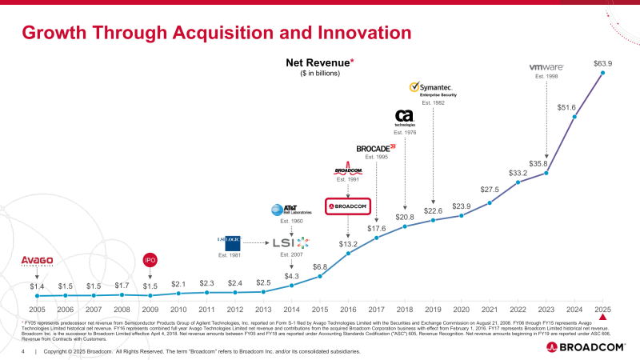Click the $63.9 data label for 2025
(x=602, y=62)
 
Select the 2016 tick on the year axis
(x=348, y=309)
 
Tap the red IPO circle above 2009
(x=150, y=260)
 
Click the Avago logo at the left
(x=37, y=260)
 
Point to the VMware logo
(x=547, y=67)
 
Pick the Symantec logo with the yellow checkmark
(x=432, y=88)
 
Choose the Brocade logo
(x=376, y=148)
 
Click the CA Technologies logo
(x=404, y=118)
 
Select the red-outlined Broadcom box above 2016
(x=348, y=206)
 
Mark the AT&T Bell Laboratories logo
(x=286, y=210)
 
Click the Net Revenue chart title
(x=320, y=62)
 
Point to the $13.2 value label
(x=348, y=244)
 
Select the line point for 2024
(x=574, y=117)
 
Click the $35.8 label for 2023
(x=546, y=163)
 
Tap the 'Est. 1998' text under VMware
(x=546, y=77)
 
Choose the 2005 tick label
(x=37, y=309)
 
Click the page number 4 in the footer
(x=24, y=351)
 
